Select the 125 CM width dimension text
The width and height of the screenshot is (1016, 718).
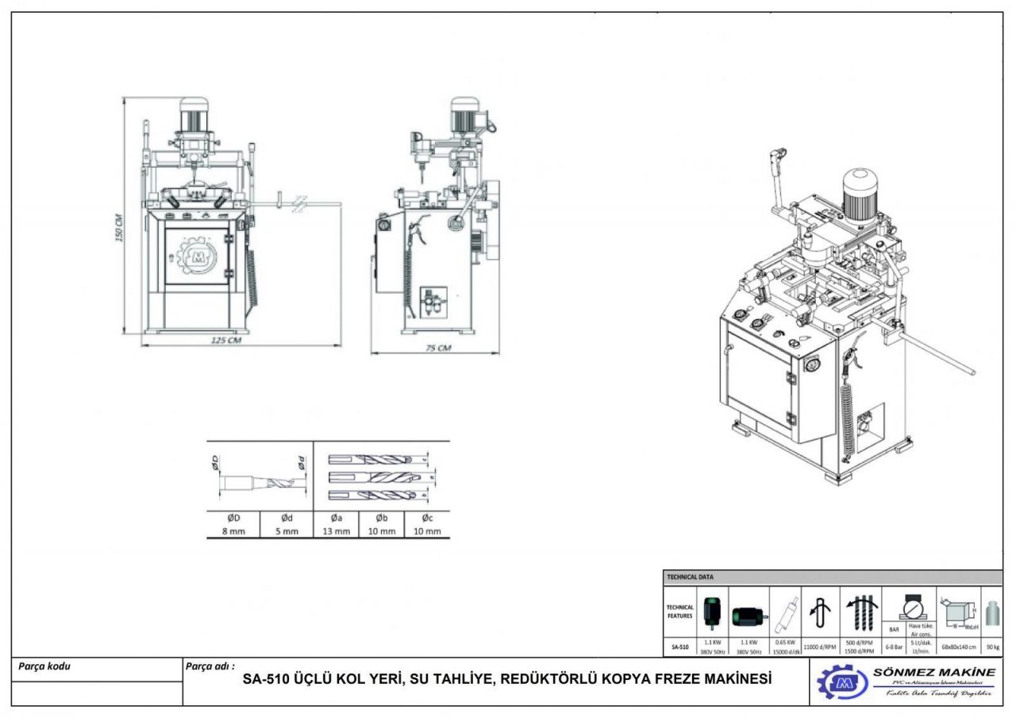(x=226, y=341)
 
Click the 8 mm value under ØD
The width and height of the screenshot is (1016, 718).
(x=233, y=531)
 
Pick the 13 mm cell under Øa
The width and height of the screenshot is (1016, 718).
(x=337, y=531)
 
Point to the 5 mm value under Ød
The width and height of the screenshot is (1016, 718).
(x=287, y=531)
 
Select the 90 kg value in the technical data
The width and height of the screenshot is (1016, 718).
(x=993, y=647)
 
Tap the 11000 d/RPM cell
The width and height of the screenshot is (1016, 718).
(x=820, y=647)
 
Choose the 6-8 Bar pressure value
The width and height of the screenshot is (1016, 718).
(x=894, y=647)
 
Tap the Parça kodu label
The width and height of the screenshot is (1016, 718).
(x=44, y=666)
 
